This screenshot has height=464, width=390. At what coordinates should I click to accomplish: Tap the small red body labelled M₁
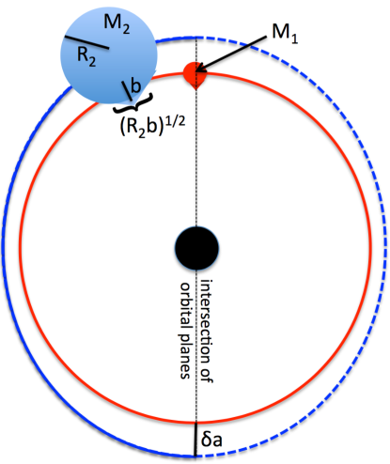pyautogui.click(x=195, y=74)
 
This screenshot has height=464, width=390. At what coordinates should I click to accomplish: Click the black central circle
pyautogui.click(x=196, y=248)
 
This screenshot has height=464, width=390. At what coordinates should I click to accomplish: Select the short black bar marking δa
pyautogui.click(x=195, y=440)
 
